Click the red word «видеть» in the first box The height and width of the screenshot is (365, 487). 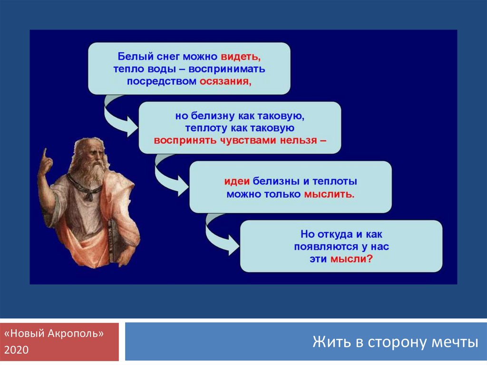pos(241,57)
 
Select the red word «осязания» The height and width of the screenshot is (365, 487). pos(225,81)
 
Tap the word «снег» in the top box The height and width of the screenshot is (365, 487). pos(168,57)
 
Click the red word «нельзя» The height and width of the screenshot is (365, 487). pos(299,140)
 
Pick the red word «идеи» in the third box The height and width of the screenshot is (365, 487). pos(237,181)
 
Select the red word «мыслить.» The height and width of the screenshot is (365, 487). pos(329,194)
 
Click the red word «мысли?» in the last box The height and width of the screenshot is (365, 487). pos(351,259)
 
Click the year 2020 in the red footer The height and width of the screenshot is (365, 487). pos(17,350)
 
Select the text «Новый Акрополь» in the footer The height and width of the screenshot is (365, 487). pos(54,334)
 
